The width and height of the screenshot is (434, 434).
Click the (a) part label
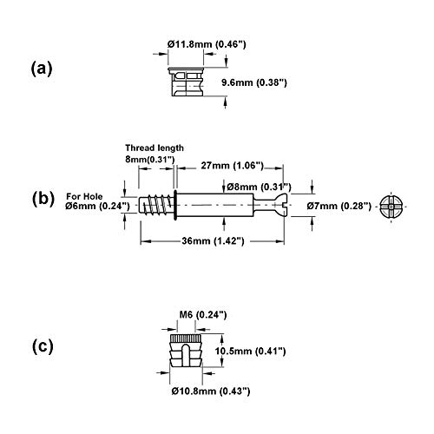42,69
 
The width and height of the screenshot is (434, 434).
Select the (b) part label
43,199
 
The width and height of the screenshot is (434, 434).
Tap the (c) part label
43,346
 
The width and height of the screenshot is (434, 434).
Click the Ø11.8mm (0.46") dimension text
207,44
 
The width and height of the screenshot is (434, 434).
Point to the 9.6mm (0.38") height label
254,82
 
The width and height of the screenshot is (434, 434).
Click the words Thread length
155,148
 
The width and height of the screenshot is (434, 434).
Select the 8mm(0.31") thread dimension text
150,159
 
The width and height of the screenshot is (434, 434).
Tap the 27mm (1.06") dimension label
233,166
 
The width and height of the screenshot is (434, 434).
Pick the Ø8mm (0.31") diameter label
259,187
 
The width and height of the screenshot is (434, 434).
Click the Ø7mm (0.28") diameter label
339,206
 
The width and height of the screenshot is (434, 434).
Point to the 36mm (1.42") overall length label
213,240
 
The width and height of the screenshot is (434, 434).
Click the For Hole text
84,196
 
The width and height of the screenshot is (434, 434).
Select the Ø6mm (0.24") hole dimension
97,206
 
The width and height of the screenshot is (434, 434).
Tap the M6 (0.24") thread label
203,314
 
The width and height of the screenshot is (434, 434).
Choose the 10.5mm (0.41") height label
250,352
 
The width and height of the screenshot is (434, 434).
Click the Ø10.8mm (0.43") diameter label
211,391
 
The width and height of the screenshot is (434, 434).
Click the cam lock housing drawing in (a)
186,82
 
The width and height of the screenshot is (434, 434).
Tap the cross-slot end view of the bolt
391,207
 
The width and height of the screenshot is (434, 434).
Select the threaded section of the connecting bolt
156,205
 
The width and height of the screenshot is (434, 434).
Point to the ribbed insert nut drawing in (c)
186,350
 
